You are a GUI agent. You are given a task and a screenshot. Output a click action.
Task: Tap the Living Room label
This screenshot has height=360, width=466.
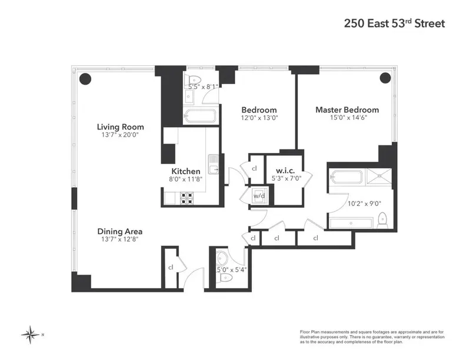point(121,127)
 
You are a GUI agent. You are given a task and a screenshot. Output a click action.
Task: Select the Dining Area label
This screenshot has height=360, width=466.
point(120,231)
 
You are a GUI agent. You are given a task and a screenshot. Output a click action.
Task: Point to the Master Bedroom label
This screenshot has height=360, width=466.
point(347,110)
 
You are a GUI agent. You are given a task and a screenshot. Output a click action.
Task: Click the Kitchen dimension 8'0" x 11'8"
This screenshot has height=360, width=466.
point(185,179)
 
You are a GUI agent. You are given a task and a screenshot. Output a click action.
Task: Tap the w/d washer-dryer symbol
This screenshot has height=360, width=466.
point(258,195)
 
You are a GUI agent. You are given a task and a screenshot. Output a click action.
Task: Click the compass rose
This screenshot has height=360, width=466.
point(29,335)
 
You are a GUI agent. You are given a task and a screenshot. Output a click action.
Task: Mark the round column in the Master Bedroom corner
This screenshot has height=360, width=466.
point(385,78)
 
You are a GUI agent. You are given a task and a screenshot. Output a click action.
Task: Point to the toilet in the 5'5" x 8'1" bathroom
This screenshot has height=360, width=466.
point(192,81)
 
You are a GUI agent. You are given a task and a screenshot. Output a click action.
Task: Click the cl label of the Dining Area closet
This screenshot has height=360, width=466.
point(171,266)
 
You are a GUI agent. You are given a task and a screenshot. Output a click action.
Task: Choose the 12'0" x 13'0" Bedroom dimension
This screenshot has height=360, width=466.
point(259,118)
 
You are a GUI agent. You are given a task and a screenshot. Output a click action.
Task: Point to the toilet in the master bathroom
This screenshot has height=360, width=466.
point(382,219)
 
